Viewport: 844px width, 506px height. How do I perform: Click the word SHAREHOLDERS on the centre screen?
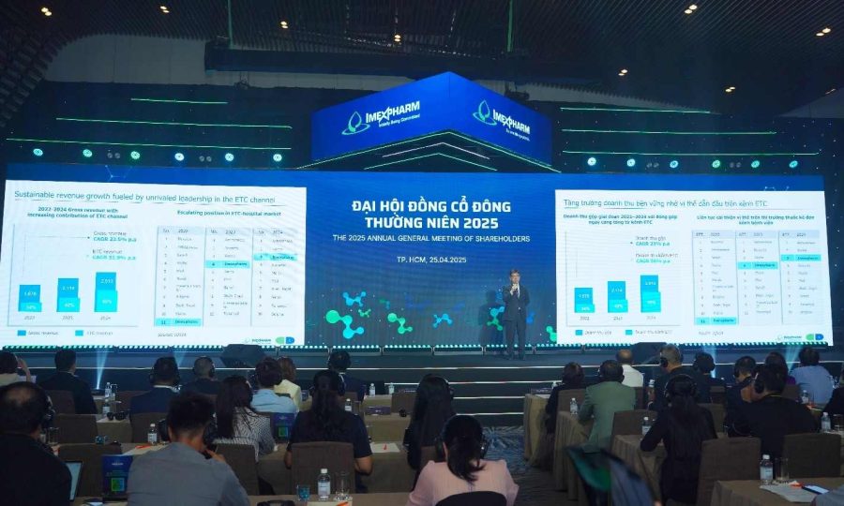[x=495, y=239]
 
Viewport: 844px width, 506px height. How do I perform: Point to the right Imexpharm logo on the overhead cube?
[x=502, y=118]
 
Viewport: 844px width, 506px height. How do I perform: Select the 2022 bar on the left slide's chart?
[x=30, y=299]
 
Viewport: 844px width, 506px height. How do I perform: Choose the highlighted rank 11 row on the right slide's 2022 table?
[x=716, y=320]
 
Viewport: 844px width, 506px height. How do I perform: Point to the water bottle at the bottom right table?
[x=766, y=469]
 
